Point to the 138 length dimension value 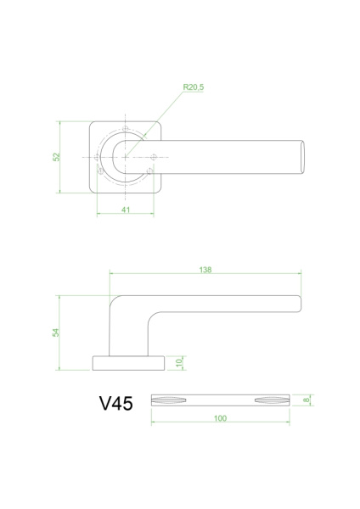click(x=205, y=270)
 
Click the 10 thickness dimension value click(x=179, y=363)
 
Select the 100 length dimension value click(x=220, y=418)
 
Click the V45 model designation click(x=115, y=404)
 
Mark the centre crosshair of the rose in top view click(x=126, y=158)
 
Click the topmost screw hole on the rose click(x=126, y=129)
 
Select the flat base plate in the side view click(x=128, y=364)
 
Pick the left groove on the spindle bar click(x=168, y=400)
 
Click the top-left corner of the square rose click(x=92, y=124)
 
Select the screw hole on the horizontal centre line click(x=154, y=158)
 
